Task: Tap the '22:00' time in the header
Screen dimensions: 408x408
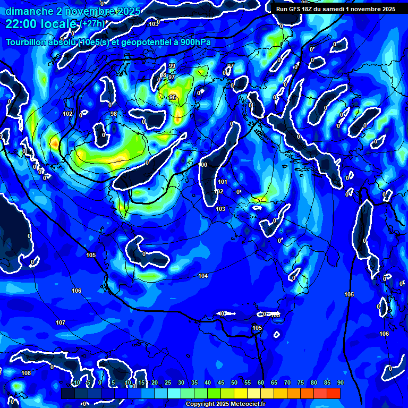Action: [x=22, y=24]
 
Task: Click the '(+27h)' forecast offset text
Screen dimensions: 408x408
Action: [x=93, y=23]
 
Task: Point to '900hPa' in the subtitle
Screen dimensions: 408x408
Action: [x=194, y=42]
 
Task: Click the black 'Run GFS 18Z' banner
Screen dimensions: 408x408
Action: [x=336, y=9]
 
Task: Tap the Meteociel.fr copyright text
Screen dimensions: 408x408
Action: [x=225, y=404]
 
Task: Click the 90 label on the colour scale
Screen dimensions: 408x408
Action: [x=340, y=383]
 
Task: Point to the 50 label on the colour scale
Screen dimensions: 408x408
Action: [x=234, y=383]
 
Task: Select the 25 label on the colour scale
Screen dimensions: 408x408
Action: [x=168, y=383]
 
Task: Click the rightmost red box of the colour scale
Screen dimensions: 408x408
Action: [x=334, y=393]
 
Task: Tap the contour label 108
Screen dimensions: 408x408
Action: [x=26, y=373]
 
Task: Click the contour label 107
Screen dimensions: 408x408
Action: [x=61, y=322]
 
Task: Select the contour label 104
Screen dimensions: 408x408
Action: [x=203, y=276]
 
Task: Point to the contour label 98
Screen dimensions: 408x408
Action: [x=113, y=114]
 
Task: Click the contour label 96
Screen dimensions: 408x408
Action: [x=172, y=97]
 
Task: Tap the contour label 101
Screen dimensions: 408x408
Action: [x=223, y=182]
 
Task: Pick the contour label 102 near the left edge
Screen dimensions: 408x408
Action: [x=67, y=114]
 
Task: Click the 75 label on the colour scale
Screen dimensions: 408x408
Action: [x=301, y=383]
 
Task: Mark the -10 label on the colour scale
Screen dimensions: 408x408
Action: [x=76, y=383]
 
